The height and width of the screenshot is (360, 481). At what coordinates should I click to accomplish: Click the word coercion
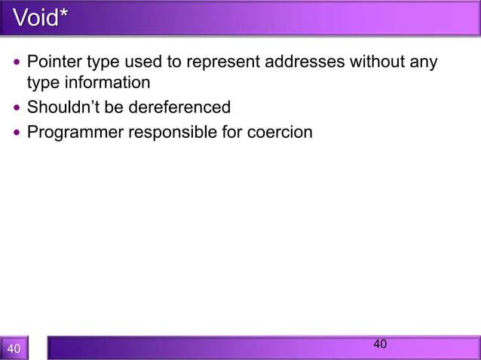pos(280,133)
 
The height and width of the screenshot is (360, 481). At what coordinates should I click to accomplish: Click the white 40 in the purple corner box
pos(14,349)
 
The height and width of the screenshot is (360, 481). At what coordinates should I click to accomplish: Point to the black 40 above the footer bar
pos(380,344)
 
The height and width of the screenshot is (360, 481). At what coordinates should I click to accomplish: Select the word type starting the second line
pos(43,82)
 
